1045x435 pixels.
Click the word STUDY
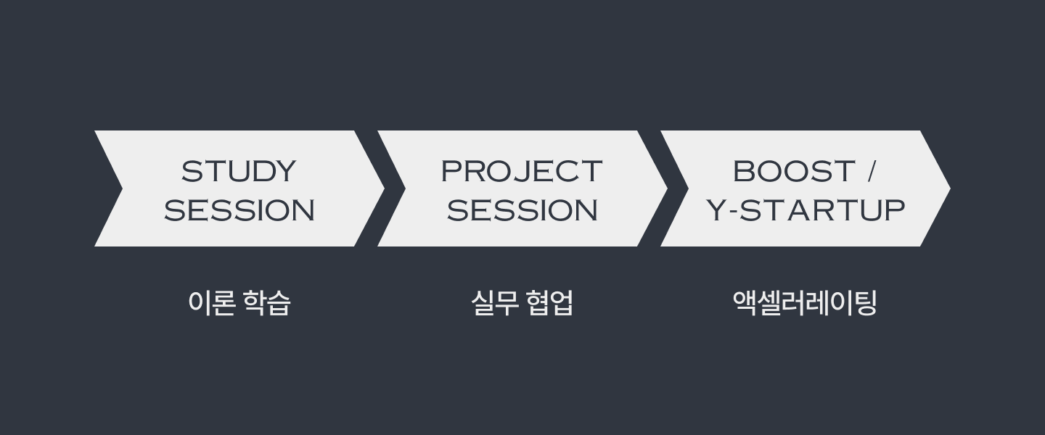click(239, 171)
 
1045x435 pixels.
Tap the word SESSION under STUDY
click(239, 210)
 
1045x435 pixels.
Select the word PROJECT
click(522, 171)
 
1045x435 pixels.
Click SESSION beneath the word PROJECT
click(522, 210)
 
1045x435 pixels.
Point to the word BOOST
click(795, 171)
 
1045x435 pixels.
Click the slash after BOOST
click(872, 171)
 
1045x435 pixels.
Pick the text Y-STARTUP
click(806, 210)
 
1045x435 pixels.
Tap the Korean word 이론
click(211, 303)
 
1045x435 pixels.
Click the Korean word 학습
click(267, 303)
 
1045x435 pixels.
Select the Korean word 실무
click(494, 303)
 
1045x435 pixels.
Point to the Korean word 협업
click(549, 303)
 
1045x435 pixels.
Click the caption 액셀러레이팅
click(805, 303)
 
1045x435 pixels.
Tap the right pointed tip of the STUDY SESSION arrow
click(384, 188)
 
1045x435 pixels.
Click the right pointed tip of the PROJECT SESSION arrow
click(667, 188)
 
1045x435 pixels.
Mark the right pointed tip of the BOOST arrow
click(950, 188)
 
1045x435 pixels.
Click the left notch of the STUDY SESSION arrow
click(122, 188)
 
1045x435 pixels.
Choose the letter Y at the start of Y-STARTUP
click(716, 210)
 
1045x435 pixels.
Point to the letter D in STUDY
click(264, 171)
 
